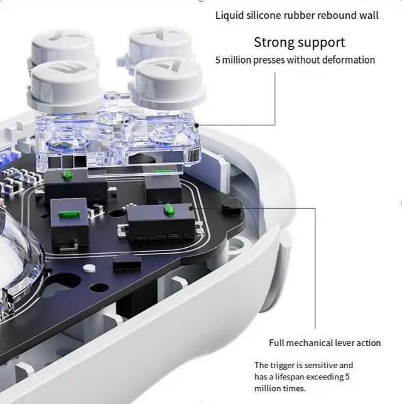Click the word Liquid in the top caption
[x=229, y=15]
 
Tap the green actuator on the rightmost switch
[x=168, y=208]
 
